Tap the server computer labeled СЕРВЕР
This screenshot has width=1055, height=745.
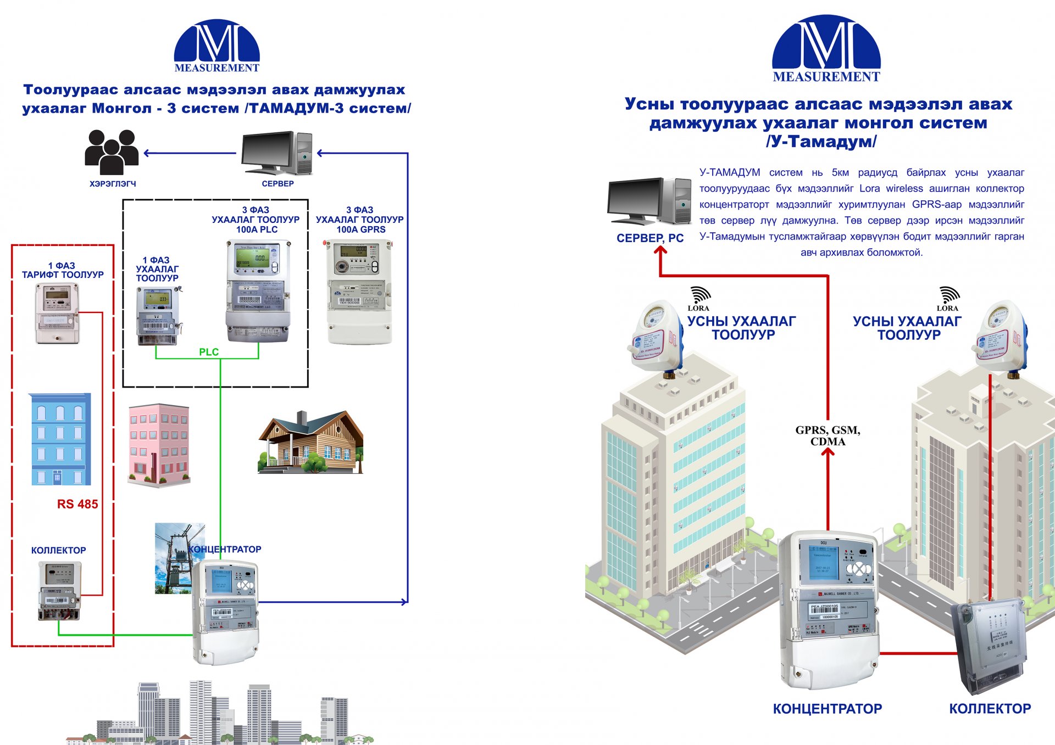[277, 153]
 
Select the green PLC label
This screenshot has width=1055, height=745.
[209, 352]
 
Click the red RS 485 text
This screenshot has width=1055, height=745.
[77, 504]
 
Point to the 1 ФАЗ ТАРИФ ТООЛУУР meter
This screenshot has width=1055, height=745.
[57, 313]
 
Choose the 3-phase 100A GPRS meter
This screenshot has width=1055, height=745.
[359, 292]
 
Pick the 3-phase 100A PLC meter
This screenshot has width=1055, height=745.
[258, 291]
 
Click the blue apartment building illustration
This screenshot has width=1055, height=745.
[60, 439]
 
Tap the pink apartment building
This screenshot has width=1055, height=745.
[159, 445]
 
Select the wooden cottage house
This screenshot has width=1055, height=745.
[310, 442]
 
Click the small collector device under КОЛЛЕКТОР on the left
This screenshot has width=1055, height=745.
[59, 592]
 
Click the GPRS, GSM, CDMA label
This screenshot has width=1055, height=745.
[828, 436]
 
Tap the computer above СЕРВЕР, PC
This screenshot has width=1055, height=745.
[649, 201]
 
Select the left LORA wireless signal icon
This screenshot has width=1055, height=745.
[699, 296]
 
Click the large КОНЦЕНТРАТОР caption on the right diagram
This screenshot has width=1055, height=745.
[827, 709]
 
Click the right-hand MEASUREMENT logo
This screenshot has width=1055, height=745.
[826, 49]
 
